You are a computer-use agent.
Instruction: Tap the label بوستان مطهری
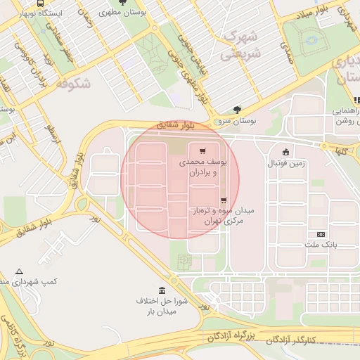pos(125,13)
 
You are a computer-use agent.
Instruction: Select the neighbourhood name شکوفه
pos(73,84)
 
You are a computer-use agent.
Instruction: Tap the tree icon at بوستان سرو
pos(237,110)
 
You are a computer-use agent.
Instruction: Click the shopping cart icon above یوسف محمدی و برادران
pos(203,151)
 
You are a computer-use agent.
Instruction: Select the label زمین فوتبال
pos(285,163)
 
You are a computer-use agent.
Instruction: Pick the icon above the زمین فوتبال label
pos(285,152)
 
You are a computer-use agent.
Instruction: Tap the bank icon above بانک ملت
pos(321,234)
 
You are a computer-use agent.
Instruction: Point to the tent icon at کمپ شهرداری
pos(19,271)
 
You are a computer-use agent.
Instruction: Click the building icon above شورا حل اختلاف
pos(162,291)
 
